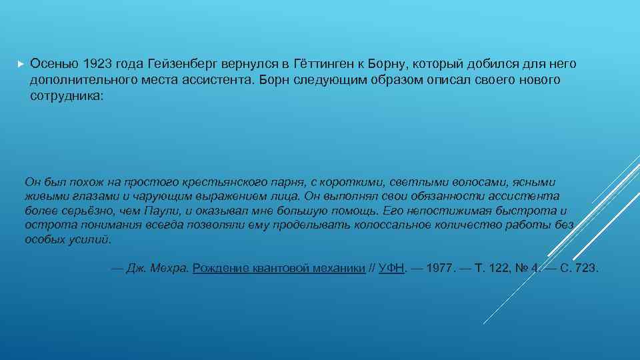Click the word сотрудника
click(65, 96)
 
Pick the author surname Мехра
click(168, 269)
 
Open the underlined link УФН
click(391, 269)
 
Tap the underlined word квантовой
click(281, 269)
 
